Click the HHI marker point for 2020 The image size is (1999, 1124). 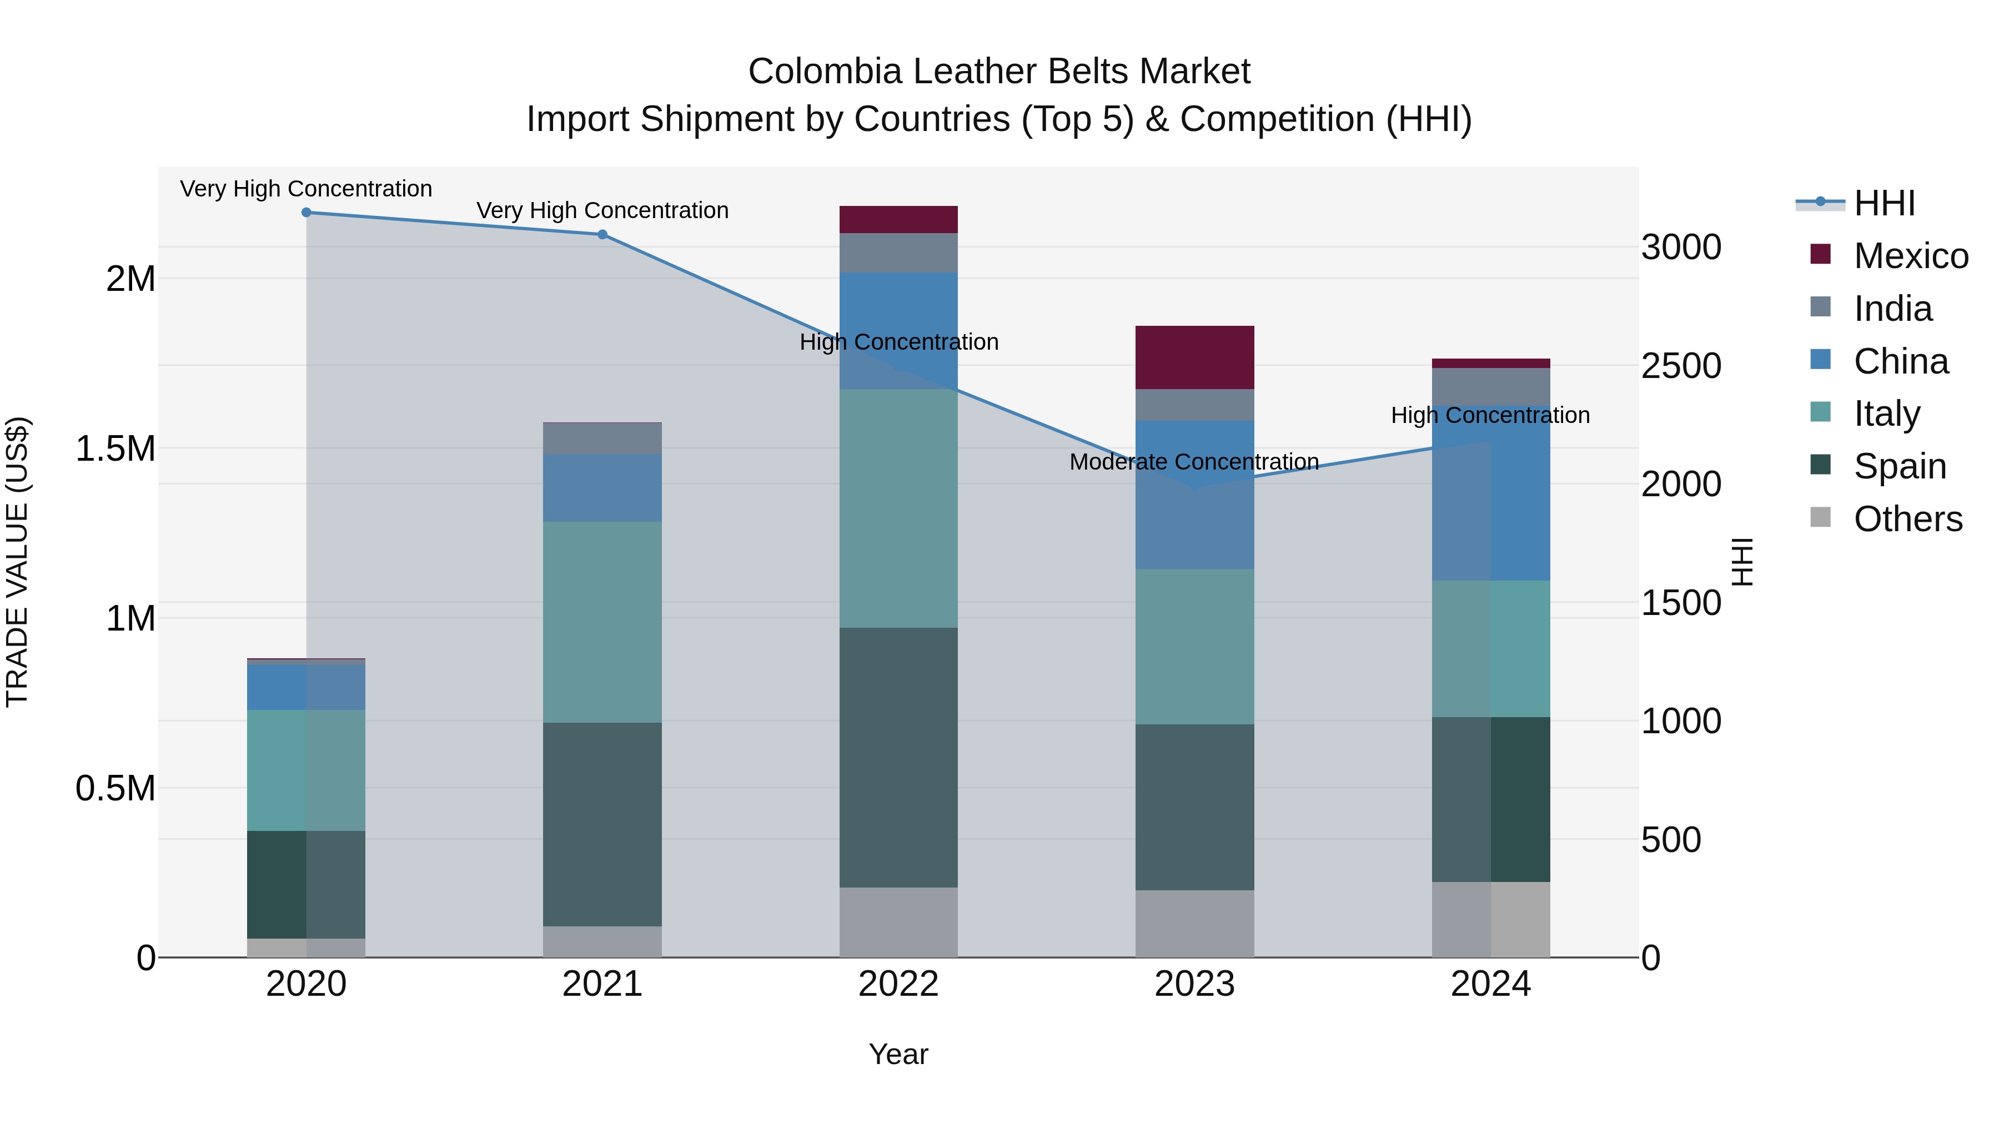coord(306,213)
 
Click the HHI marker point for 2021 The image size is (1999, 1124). coord(602,234)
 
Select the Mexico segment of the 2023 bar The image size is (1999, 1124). coord(1194,357)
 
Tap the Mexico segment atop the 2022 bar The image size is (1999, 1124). coord(898,219)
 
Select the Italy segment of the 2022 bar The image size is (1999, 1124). coord(898,508)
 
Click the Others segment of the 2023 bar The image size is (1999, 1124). coord(1194,923)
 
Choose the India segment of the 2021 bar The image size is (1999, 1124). coord(602,439)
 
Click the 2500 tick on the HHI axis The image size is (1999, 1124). coord(1681,366)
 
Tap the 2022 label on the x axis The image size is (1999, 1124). coord(898,984)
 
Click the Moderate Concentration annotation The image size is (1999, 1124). coord(1193,462)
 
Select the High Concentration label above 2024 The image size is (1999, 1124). coord(1490,416)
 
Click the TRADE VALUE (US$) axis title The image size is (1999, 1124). coord(17,562)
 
